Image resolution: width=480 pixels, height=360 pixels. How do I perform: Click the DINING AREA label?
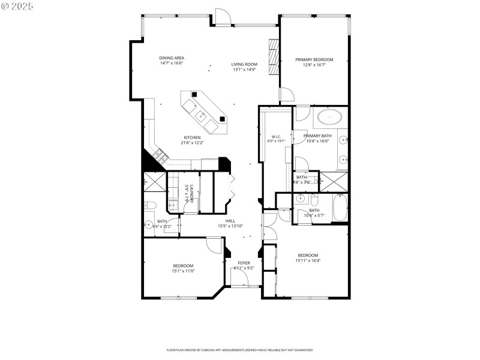(x=172, y=58)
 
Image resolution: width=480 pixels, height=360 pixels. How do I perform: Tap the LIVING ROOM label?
(x=244, y=64)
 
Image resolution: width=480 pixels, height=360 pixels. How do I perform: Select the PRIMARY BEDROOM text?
(x=314, y=59)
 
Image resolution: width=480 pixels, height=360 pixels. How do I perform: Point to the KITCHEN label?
(x=192, y=137)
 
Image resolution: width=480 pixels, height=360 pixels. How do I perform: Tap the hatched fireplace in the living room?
(x=274, y=59)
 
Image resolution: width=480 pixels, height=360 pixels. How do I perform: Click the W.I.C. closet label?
(x=277, y=137)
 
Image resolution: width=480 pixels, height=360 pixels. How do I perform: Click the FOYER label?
(x=244, y=263)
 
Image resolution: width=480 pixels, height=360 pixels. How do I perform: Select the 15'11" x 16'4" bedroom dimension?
(x=307, y=260)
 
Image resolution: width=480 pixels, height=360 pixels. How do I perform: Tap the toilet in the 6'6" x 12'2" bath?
(x=150, y=206)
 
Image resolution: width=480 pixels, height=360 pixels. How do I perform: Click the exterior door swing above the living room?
(x=223, y=16)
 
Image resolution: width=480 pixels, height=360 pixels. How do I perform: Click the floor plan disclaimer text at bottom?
(x=240, y=350)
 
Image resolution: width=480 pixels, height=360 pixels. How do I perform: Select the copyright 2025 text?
(x=17, y=5)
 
